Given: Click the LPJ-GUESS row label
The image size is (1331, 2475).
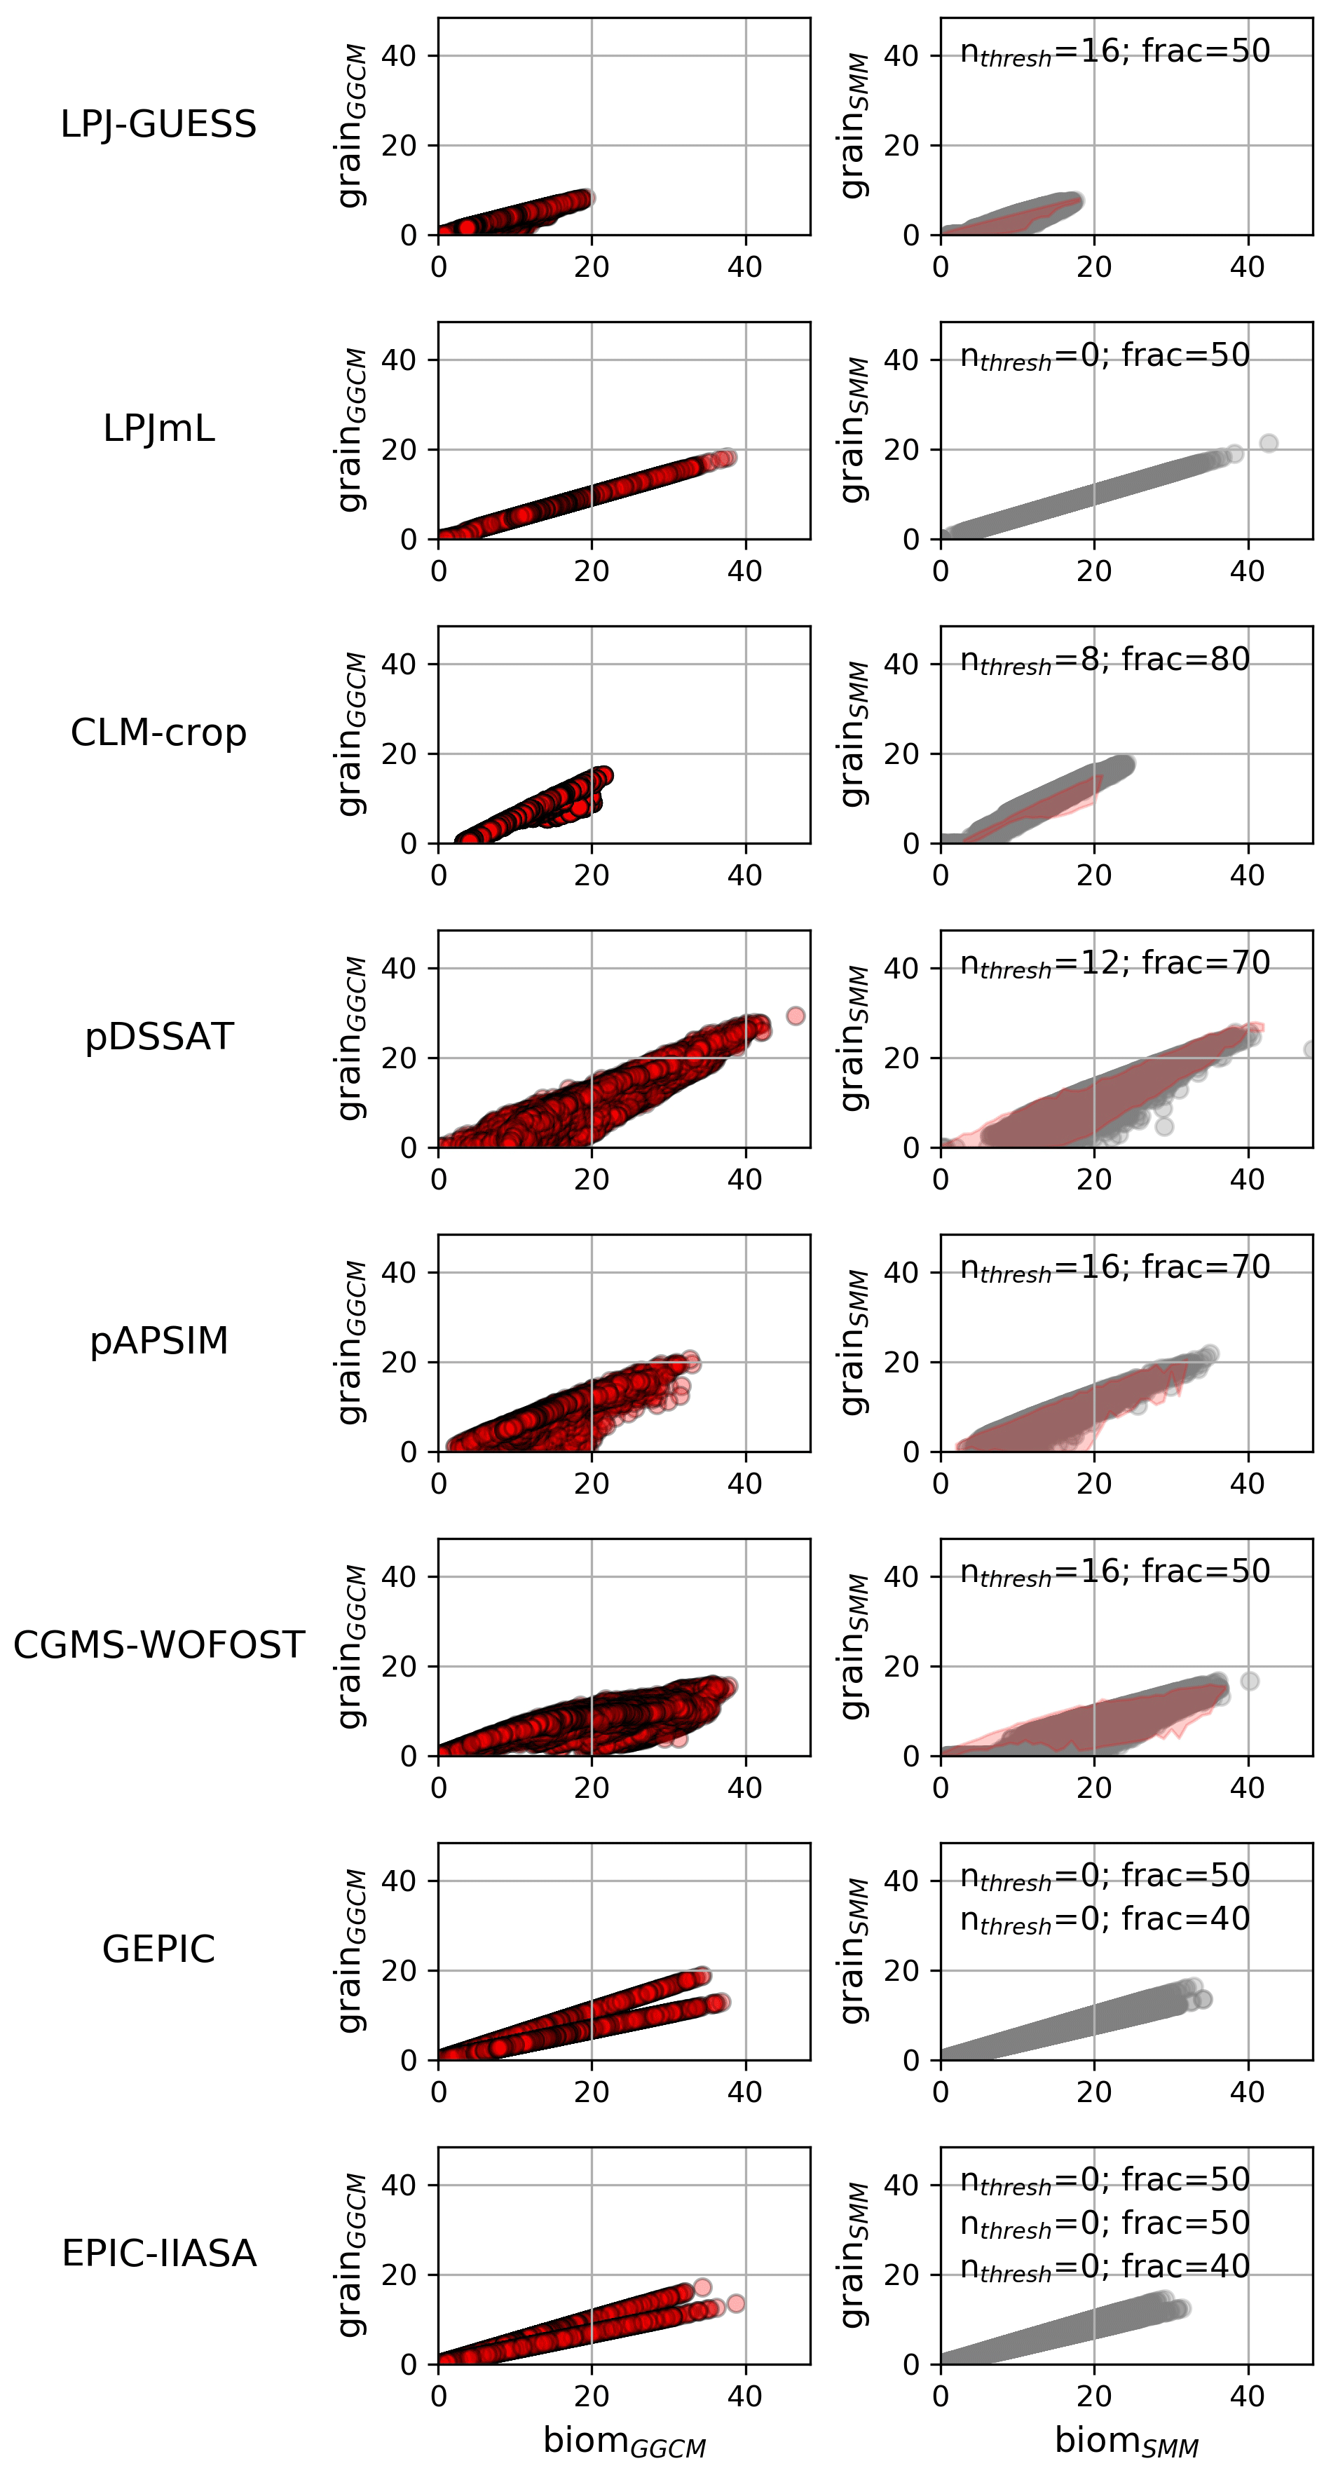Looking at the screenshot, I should point(158,124).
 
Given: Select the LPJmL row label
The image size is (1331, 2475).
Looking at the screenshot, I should point(158,428).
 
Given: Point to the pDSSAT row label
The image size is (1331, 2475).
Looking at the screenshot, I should point(158,1037).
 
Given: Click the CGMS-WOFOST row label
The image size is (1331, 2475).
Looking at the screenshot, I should point(158,1645).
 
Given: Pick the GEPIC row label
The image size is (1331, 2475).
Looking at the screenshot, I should point(158,1949).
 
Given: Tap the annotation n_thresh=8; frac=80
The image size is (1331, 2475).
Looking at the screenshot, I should point(1105,661).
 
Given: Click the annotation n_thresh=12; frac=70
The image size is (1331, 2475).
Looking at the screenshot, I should point(1114,964).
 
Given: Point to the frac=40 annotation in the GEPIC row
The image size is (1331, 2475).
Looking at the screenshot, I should point(1105,1921).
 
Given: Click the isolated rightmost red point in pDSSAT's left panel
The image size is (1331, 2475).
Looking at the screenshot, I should point(795,1016).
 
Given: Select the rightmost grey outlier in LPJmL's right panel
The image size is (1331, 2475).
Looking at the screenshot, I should point(1269,443).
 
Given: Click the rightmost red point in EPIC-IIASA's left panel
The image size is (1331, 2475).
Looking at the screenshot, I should point(736,2303).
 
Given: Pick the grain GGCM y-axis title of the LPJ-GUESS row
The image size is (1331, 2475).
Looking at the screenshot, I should point(352,125).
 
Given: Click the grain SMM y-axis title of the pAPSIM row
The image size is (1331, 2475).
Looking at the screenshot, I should point(854,1342).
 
